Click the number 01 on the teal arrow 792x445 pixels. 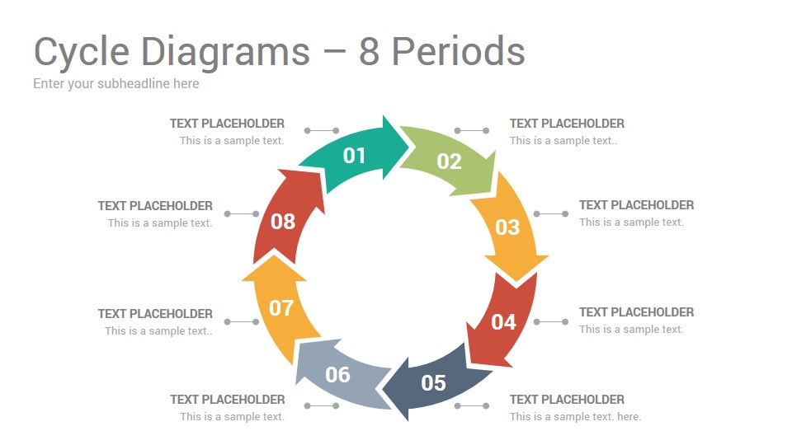click(354, 156)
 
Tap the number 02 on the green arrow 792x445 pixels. click(449, 162)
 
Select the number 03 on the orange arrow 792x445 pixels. click(507, 227)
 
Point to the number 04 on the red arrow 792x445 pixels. click(503, 322)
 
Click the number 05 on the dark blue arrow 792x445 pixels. click(433, 383)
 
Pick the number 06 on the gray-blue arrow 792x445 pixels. click(337, 374)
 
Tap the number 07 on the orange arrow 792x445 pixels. click(280, 307)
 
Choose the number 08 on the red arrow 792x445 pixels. click(282, 222)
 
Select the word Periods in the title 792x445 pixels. click(458, 51)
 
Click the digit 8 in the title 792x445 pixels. click(369, 51)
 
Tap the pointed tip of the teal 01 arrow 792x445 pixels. click(409, 148)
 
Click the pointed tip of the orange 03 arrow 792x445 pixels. click(516, 281)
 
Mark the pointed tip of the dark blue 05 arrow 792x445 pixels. click(382, 389)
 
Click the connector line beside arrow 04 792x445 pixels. click(550, 321)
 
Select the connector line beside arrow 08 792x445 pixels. click(242, 214)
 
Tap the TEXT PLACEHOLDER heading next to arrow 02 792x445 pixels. click(567, 124)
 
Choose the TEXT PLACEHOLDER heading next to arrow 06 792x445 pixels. click(228, 400)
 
